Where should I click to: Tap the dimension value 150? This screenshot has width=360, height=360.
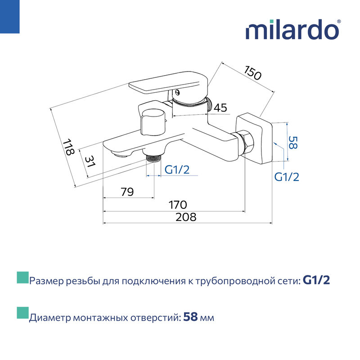(x=252, y=73)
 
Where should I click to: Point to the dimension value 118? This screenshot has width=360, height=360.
(x=68, y=148)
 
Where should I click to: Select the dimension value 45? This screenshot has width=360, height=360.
(x=220, y=108)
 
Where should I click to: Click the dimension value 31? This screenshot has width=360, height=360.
(x=90, y=162)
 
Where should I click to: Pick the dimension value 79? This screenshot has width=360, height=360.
(x=127, y=192)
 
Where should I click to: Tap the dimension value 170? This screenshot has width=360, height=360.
(x=177, y=205)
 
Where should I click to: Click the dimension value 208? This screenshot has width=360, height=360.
(x=186, y=217)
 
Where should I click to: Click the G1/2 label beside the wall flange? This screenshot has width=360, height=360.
(x=287, y=177)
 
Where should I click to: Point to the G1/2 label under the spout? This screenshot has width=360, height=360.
(x=177, y=170)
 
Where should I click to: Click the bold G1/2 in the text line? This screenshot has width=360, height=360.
(x=317, y=281)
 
